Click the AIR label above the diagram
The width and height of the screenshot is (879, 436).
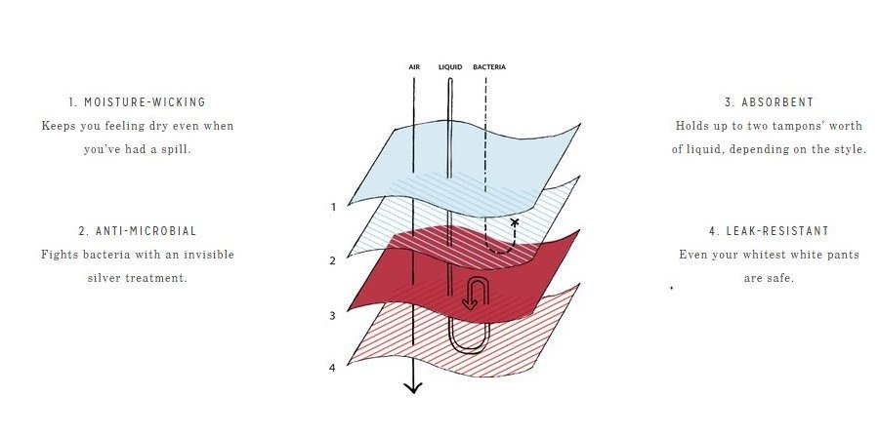point(414,67)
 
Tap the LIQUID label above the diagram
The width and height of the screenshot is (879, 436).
point(450,67)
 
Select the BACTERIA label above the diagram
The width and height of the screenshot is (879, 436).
point(489,67)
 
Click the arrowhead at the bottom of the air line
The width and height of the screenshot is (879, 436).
point(413,387)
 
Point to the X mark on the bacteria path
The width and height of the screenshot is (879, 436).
point(515,222)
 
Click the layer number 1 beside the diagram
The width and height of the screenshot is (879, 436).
point(334,207)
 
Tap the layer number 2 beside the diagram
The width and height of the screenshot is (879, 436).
point(333,260)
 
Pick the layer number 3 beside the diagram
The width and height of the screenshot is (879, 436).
point(332,316)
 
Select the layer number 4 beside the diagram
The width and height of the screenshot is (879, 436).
point(332,369)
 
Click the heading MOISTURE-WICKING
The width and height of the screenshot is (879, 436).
point(145,102)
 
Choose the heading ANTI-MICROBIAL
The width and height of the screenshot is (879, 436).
point(146,231)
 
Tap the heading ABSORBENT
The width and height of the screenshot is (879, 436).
point(777,102)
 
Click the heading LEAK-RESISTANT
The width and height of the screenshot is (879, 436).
point(777,231)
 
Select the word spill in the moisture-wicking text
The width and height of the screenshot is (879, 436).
point(176,150)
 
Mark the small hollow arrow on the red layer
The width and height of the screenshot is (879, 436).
point(476,294)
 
